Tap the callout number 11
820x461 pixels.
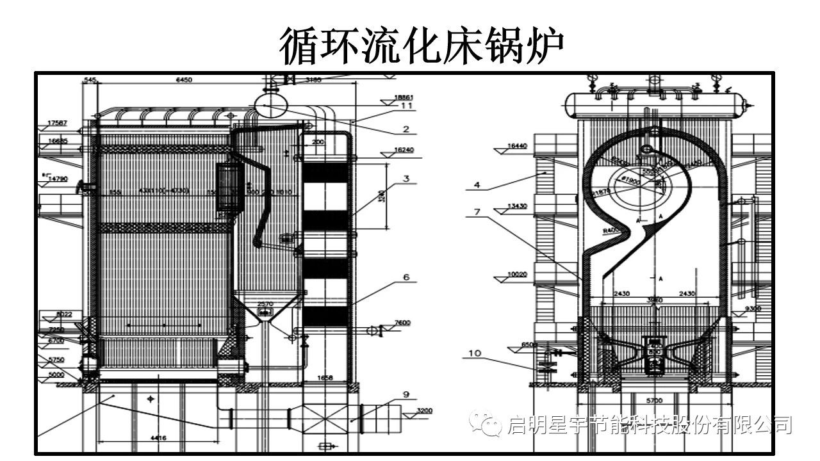pos(406,106)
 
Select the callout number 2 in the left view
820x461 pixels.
pos(406,129)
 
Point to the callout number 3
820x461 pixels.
pos(406,179)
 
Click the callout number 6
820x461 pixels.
pos(406,277)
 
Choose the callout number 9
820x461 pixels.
pos(406,394)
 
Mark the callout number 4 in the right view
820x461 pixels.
pos(477,186)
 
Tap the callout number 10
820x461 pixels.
pos(474,353)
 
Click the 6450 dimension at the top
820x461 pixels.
pos(184,80)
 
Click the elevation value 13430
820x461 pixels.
pos(517,206)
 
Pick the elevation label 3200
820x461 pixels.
pos(425,410)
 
